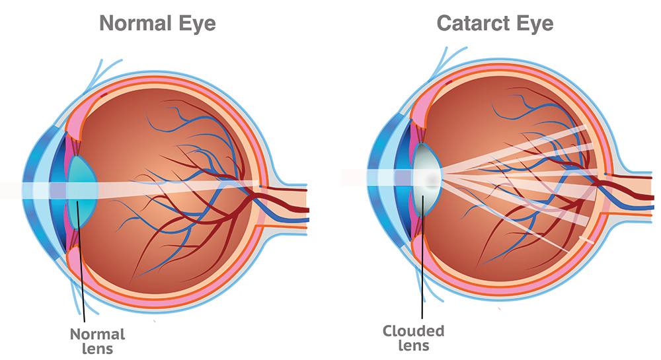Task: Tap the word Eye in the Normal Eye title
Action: click(197, 24)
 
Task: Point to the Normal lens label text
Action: click(97, 341)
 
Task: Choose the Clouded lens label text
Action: click(414, 338)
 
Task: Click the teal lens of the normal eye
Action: click(83, 192)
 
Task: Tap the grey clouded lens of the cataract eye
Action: click(426, 180)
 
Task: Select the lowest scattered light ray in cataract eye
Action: click(506, 215)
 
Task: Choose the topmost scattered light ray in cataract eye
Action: click(514, 148)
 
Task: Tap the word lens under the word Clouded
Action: click(414, 345)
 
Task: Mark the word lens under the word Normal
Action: click(97, 349)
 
